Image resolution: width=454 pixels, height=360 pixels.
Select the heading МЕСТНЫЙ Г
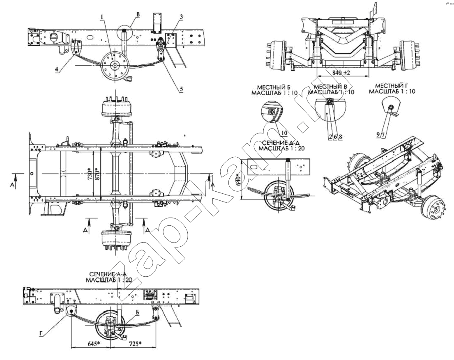pos(392,86)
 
